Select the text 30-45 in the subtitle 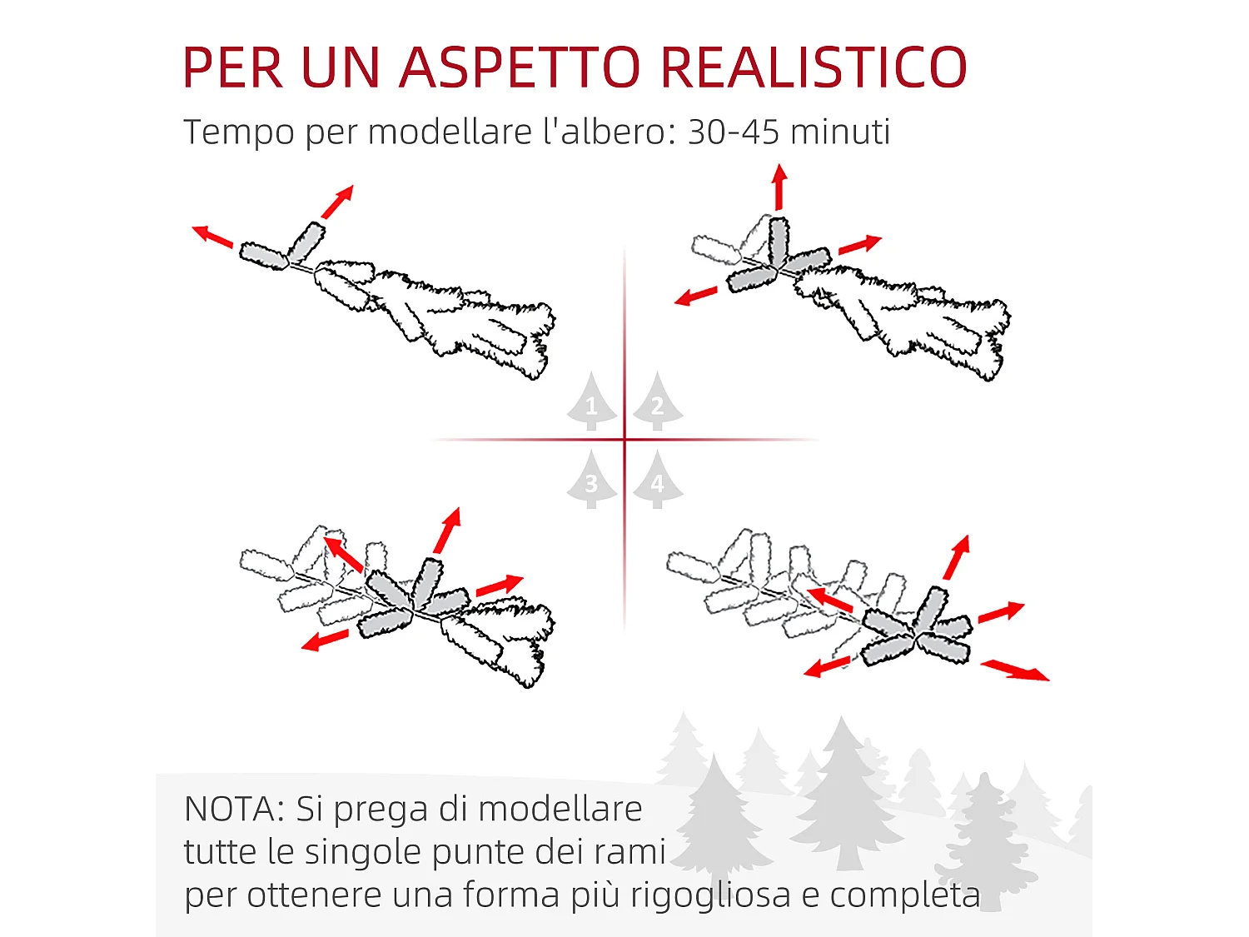[x=734, y=132]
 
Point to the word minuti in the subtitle [x=840, y=132]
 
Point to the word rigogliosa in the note [x=710, y=896]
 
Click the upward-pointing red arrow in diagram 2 [x=779, y=187]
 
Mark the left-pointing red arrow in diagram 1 [x=212, y=237]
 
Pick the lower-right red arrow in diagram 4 [x=1015, y=670]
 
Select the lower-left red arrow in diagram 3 [x=325, y=640]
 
